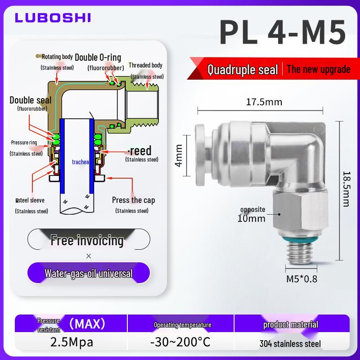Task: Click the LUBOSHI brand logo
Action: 53,18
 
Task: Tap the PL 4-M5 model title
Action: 283,32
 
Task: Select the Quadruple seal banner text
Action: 243,69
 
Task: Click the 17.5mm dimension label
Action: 264,102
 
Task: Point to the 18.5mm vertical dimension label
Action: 346,189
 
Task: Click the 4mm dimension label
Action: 179,155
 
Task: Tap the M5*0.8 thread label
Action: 301,279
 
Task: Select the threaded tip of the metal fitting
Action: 300,253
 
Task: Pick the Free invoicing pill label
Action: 87,240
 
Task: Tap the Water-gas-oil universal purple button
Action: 89,273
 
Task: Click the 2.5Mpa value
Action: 72,342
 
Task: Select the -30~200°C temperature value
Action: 180,342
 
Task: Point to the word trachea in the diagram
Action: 81,162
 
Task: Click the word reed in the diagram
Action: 140,151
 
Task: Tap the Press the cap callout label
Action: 133,200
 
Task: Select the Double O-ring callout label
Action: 98,58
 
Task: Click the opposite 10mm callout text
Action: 252,215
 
